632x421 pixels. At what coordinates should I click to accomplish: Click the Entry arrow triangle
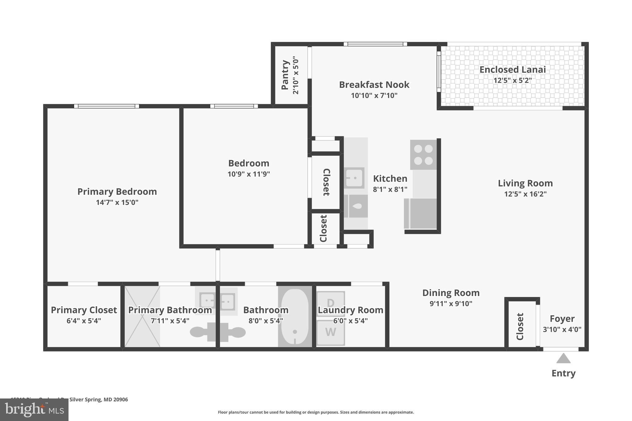pyautogui.click(x=563, y=358)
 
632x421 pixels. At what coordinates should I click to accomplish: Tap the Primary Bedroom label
pyautogui.click(x=117, y=192)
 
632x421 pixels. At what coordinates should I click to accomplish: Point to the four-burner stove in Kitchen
pyautogui.click(x=423, y=155)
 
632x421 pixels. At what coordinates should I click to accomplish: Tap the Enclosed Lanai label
pyautogui.click(x=512, y=70)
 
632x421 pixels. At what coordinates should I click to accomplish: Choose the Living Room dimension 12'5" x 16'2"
pyautogui.click(x=525, y=194)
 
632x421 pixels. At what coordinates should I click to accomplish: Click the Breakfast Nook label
pyautogui.click(x=374, y=85)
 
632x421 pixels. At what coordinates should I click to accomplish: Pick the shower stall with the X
pyautogui.click(x=142, y=316)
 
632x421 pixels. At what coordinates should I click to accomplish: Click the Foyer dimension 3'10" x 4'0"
pyautogui.click(x=562, y=329)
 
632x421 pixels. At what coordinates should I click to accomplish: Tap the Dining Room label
pyautogui.click(x=451, y=293)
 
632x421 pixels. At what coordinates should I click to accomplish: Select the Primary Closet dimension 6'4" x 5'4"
pyautogui.click(x=84, y=321)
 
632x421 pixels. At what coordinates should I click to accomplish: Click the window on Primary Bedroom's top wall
pyautogui.click(x=106, y=106)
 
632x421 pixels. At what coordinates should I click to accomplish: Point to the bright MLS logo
pyautogui.click(x=34, y=410)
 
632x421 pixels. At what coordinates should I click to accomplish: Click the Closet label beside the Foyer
pyautogui.click(x=520, y=326)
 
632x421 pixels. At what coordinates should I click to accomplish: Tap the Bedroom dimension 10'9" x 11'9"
pyautogui.click(x=249, y=174)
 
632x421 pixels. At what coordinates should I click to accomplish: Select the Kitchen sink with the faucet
pyautogui.click(x=355, y=178)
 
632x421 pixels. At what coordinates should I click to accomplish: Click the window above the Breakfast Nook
pyautogui.click(x=375, y=44)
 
